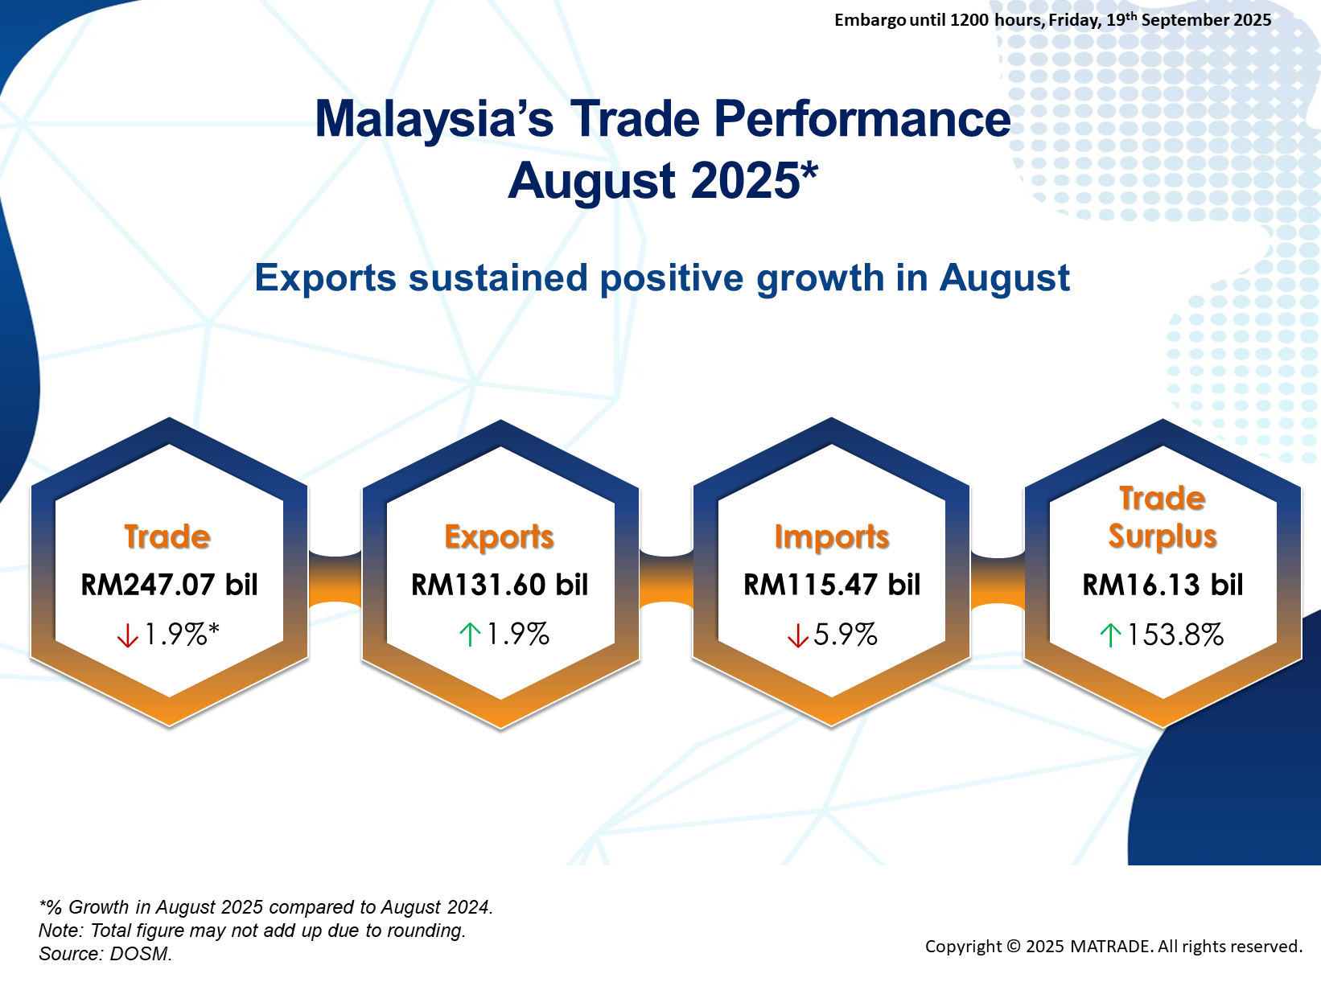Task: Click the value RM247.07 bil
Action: click(169, 584)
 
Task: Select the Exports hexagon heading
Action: click(499, 537)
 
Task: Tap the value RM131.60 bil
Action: click(500, 584)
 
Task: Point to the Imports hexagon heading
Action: click(831, 537)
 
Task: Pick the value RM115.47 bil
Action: click(832, 584)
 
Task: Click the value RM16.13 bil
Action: click(1163, 584)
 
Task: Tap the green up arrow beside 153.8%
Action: click(1110, 635)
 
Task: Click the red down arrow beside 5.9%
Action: click(797, 635)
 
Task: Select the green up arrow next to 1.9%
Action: click(470, 635)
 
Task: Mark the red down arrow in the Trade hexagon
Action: click(127, 635)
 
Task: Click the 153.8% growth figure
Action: click(1175, 635)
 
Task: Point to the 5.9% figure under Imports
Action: click(845, 635)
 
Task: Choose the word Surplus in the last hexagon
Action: click(1163, 536)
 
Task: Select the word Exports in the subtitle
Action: click(325, 278)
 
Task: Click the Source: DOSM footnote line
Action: click(105, 954)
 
